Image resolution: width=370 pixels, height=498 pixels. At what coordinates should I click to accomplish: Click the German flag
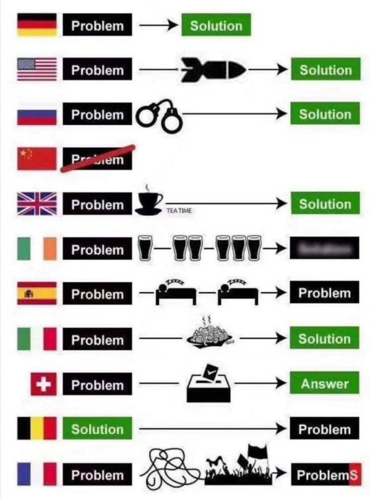37,25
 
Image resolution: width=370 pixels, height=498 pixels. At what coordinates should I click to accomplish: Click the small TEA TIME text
179,211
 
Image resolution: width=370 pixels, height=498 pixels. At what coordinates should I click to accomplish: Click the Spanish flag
37,293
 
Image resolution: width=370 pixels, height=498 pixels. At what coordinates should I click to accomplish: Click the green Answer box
325,384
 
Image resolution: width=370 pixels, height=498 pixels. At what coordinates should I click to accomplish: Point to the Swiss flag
44,384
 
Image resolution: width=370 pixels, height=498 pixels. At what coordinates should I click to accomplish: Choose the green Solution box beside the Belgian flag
97,429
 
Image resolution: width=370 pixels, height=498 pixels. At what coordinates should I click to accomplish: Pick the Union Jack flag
37,204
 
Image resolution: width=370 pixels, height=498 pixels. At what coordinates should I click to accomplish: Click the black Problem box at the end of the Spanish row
324,293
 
